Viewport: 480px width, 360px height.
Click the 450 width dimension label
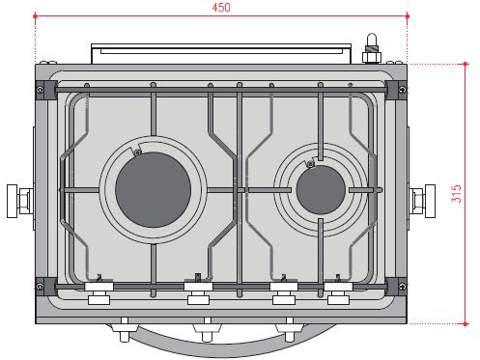pyautogui.click(x=221, y=8)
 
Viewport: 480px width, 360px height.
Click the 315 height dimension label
pyautogui.click(x=456, y=193)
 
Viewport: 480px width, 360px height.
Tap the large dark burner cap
pyautogui.click(x=153, y=190)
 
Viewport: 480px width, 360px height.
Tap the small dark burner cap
pyautogui.click(x=321, y=190)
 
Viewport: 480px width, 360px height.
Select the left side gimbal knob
pyautogui.click(x=19, y=201)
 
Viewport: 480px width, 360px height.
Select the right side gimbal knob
pyautogui.click(x=422, y=201)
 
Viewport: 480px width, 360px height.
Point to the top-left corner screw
pyautogui.click(x=40, y=90)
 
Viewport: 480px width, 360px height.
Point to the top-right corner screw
pyautogui.click(x=402, y=90)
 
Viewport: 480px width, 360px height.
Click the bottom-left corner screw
pyautogui.click(x=40, y=287)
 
